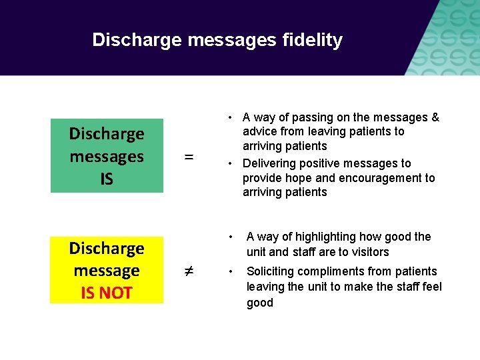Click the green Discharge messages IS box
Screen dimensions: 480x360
coord(107,156)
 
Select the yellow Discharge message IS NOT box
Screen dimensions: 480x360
coord(107,270)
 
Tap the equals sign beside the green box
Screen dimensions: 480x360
coord(189,157)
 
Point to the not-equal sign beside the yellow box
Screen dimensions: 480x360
coord(189,271)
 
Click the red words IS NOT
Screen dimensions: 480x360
coord(107,293)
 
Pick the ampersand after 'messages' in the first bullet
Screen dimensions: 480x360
coord(435,117)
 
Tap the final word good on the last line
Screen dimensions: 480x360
coord(259,303)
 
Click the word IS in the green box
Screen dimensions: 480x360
coord(107,179)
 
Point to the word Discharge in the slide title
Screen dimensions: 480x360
coord(137,40)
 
